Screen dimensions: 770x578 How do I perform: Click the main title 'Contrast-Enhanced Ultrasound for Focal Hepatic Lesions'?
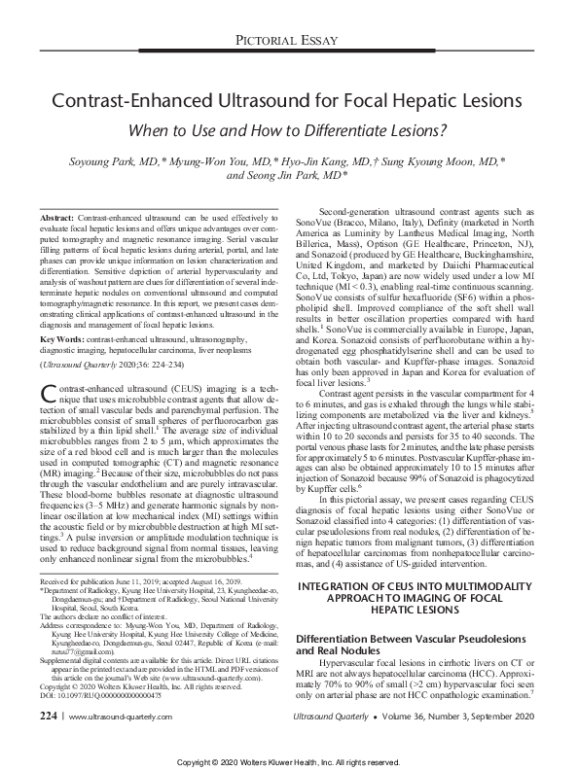click(x=288, y=100)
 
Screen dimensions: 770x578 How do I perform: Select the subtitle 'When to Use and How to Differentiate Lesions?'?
click(x=288, y=129)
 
